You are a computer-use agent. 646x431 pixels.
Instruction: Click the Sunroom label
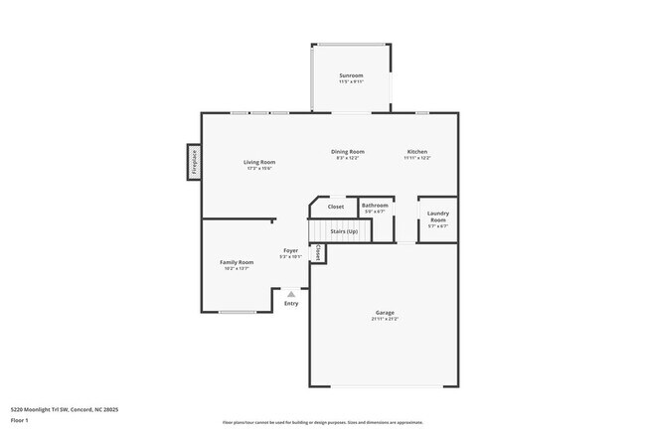point(351,75)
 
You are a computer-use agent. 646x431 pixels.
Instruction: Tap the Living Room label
point(260,162)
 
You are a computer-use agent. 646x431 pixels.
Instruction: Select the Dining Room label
point(348,152)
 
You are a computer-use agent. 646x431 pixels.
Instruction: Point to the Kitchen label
point(416,152)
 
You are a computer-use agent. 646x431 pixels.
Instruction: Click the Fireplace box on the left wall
point(194,162)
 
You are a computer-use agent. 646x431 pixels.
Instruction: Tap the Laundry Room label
point(438,216)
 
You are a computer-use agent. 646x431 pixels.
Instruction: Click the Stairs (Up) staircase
point(338,230)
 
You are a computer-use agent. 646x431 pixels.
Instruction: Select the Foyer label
point(290,250)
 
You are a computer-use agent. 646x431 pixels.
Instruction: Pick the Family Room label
point(237,262)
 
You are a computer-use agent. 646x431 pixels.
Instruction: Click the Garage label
point(384,313)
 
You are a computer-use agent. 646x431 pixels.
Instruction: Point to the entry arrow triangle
point(290,294)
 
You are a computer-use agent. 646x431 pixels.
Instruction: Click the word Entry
point(290,304)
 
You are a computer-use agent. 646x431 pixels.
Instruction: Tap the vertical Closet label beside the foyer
point(318,254)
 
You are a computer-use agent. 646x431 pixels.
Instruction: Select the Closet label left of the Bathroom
point(336,207)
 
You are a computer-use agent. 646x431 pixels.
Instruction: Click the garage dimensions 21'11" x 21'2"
point(384,320)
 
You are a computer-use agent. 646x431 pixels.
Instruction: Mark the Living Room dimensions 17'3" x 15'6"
point(260,169)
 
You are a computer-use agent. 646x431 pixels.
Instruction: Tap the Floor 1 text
point(19,420)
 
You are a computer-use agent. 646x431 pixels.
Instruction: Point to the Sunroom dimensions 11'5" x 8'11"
point(351,82)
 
